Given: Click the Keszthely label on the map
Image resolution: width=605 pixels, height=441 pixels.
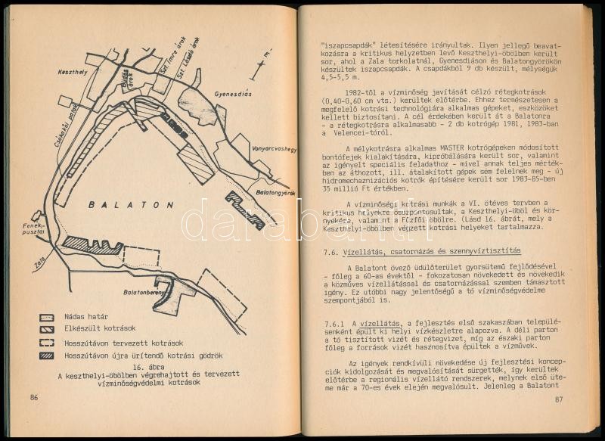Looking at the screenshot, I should pyautogui.click(x=72, y=72).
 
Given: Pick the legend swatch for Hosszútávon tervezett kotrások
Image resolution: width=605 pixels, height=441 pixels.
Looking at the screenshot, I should pyautogui.click(x=48, y=343).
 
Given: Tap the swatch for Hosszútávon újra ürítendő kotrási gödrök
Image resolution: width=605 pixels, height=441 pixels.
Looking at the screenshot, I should pyautogui.click(x=48, y=355).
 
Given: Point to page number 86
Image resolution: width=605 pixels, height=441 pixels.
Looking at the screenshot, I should pyautogui.click(x=34, y=398).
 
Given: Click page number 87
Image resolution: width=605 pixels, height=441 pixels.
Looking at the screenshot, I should pyautogui.click(x=560, y=400).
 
